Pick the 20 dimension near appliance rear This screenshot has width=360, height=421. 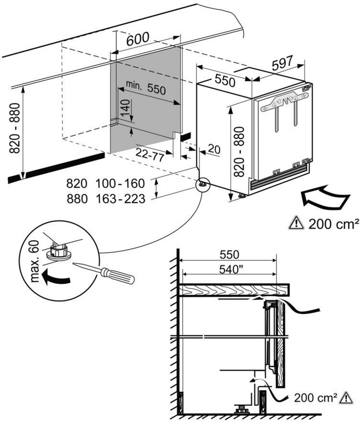point(214,149)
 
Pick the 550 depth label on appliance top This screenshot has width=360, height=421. point(225,80)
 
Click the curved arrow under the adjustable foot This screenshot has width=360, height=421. point(54,276)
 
